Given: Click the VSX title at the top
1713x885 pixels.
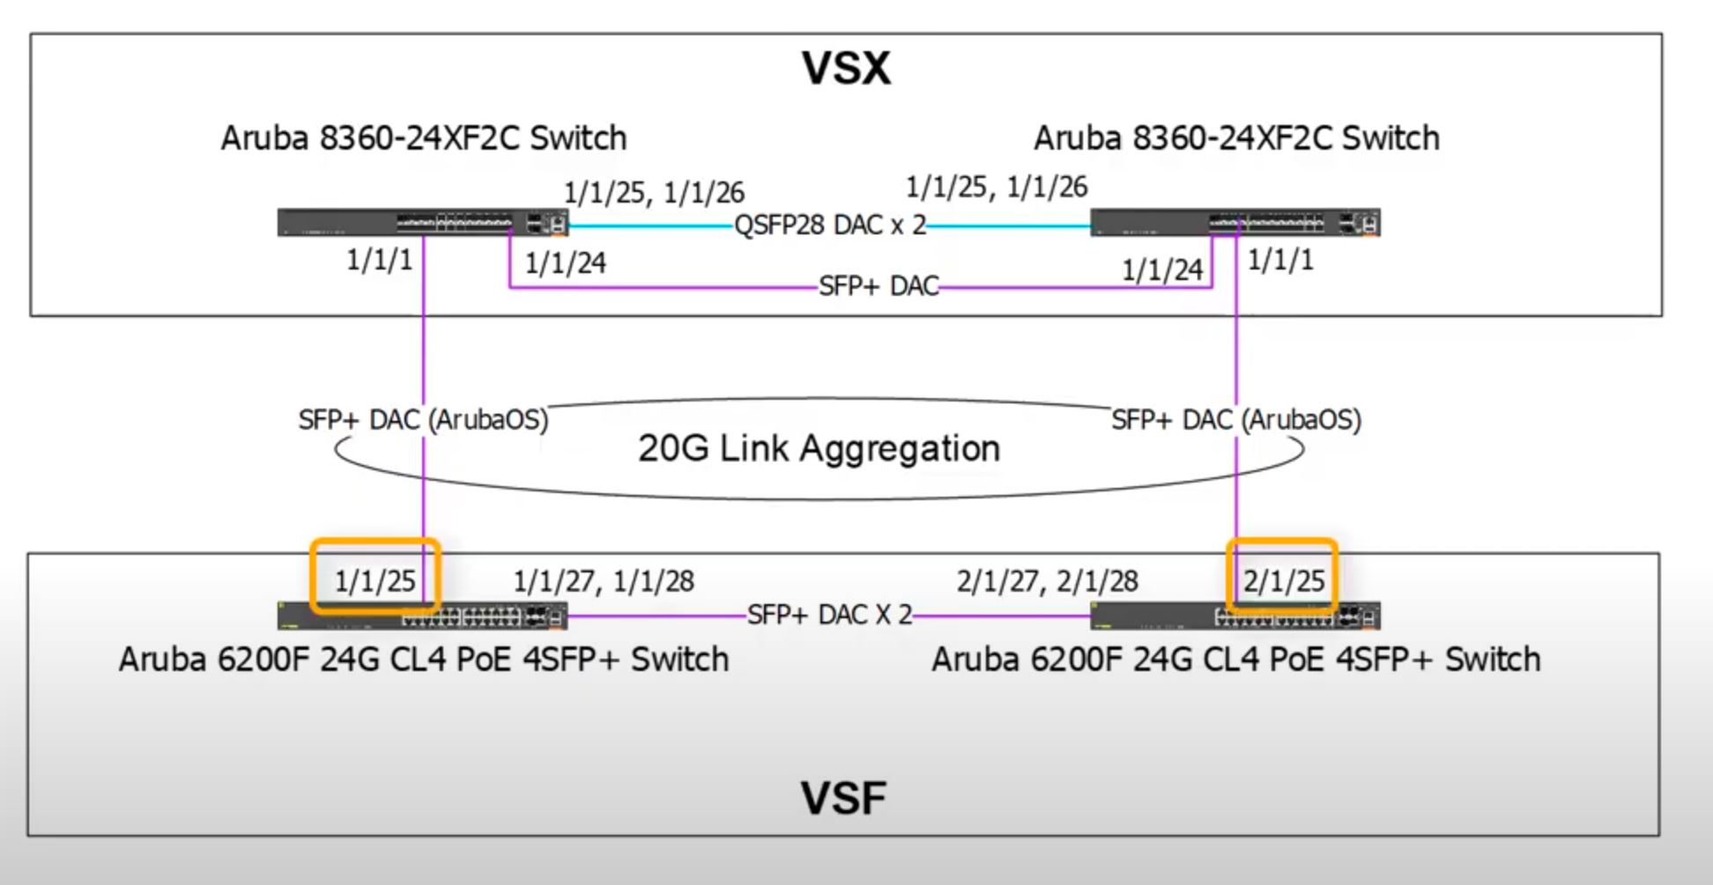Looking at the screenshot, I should (x=846, y=69).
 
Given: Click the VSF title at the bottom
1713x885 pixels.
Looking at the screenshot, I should (x=843, y=797).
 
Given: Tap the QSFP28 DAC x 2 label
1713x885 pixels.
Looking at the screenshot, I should (x=830, y=225).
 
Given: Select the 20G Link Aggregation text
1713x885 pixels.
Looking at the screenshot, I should (x=819, y=448).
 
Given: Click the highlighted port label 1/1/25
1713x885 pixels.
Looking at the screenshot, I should (x=374, y=581).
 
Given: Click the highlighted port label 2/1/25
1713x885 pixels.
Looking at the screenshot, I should (x=1283, y=581).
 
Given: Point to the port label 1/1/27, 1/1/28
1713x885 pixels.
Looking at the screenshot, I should (x=604, y=581).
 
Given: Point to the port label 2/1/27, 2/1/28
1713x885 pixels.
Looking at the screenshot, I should (x=1048, y=581).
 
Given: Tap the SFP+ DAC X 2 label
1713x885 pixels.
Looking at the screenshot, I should (x=829, y=615).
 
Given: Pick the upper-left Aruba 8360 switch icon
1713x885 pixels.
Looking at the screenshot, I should (x=423, y=223).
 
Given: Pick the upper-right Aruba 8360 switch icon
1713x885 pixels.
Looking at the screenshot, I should (x=1235, y=223).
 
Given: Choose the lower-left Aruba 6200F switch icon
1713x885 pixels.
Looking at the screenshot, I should (x=423, y=616).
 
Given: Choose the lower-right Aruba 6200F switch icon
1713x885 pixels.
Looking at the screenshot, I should (x=1235, y=616).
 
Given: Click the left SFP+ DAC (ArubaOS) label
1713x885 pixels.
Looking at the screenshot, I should (x=423, y=420).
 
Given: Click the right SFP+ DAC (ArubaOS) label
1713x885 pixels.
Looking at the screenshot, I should (x=1235, y=420).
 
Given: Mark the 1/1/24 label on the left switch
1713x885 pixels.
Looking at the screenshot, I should (x=565, y=263).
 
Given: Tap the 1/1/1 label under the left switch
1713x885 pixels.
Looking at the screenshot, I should (x=379, y=261).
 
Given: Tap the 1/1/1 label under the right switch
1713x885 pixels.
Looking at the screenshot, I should (x=1280, y=261).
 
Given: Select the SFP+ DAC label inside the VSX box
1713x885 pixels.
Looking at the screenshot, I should (x=879, y=287).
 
